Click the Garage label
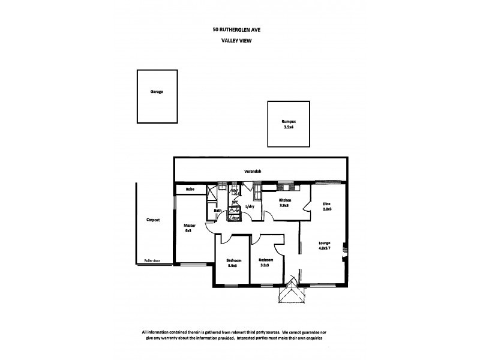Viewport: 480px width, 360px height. (157, 92)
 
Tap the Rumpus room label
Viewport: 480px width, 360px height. (289, 122)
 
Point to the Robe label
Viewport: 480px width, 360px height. (190, 189)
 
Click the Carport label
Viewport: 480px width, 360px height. (153, 220)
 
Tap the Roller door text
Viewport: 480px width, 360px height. (152, 260)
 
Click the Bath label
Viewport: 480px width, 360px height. (217, 210)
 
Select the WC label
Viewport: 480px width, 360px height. (235, 202)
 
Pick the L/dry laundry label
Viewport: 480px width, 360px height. (250, 208)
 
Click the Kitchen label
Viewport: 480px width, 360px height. (284, 200)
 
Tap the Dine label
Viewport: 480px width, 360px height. (326, 203)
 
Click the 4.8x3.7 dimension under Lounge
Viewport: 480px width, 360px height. (326, 248)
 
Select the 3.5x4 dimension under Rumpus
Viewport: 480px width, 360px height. (289, 127)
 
